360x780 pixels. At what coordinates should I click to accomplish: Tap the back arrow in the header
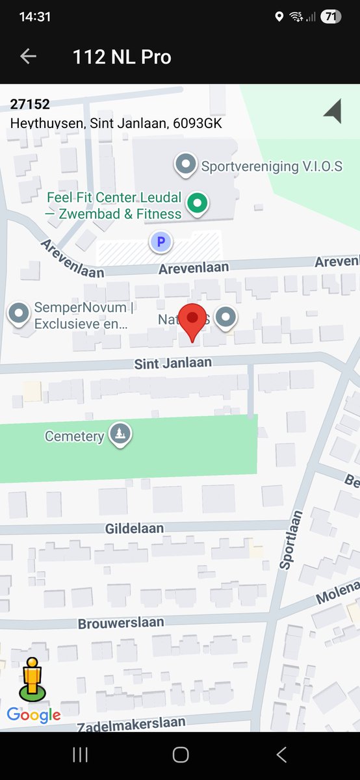(x=28, y=57)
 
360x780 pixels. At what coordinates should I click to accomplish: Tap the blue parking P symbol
(x=161, y=242)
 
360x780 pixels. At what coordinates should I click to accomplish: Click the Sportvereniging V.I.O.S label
(x=271, y=166)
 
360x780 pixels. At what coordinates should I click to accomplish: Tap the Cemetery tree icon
(x=119, y=434)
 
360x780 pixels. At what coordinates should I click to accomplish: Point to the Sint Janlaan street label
(x=173, y=363)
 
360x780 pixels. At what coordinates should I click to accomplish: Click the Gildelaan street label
(x=135, y=529)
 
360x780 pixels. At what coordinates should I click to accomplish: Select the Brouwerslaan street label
(x=121, y=623)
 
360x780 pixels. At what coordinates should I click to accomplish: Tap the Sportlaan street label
(x=291, y=541)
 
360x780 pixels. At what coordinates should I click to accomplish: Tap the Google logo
(x=34, y=715)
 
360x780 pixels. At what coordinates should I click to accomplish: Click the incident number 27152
(x=30, y=104)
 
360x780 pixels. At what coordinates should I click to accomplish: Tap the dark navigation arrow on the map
(x=333, y=111)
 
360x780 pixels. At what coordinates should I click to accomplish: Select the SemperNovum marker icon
(x=19, y=314)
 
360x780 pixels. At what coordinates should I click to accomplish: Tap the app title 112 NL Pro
(x=122, y=57)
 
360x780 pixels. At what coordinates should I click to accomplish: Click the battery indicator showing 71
(x=331, y=17)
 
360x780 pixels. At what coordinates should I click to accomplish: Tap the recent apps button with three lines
(x=80, y=754)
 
